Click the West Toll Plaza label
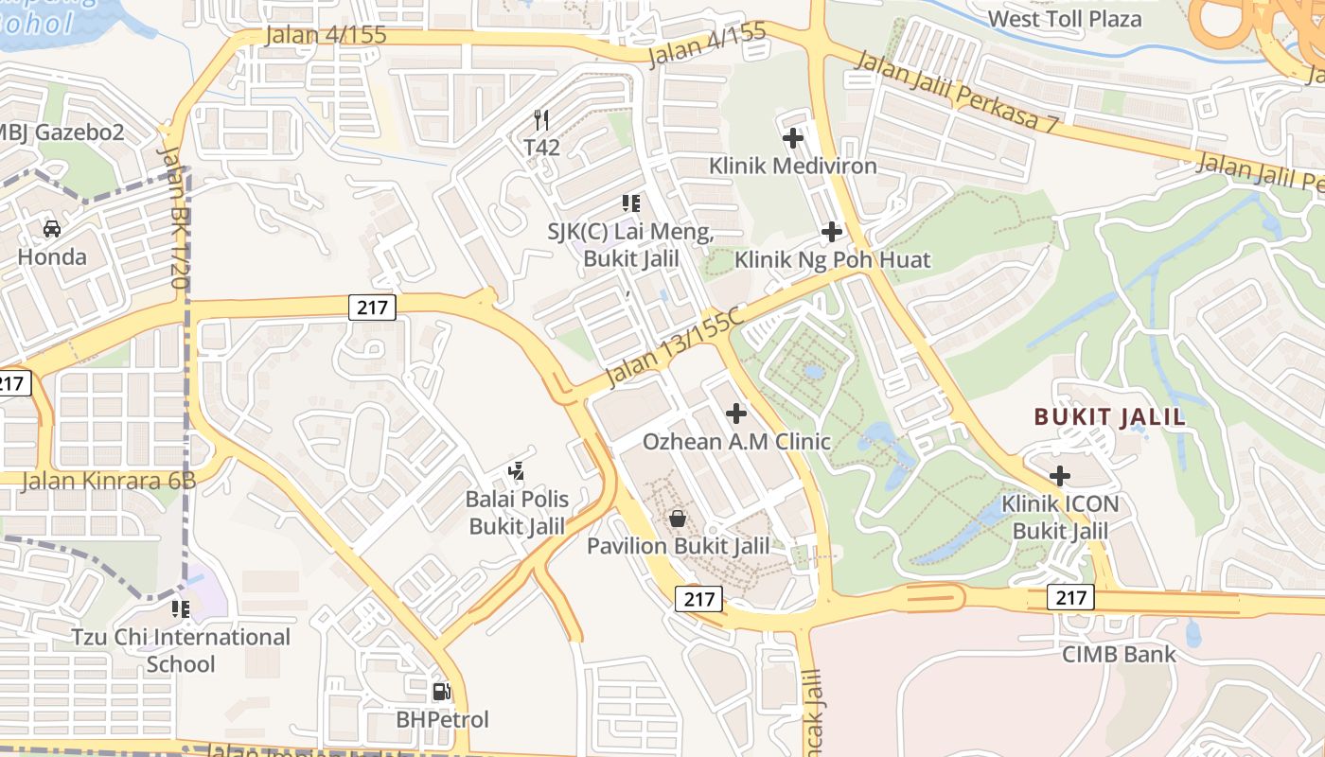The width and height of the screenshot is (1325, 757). [x=1065, y=19]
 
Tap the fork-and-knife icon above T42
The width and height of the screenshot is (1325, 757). [x=541, y=119]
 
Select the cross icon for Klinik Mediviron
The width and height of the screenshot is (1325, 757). [x=793, y=138]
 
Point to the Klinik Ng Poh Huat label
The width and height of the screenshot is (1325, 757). [x=833, y=259]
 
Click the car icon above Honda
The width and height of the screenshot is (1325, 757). [x=52, y=228]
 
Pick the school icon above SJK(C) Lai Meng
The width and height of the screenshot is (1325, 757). [x=631, y=202]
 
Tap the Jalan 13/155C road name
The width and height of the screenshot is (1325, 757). [x=673, y=347]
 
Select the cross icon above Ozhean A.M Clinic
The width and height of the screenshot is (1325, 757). [x=735, y=413]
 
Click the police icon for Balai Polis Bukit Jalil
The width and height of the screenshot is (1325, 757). [x=516, y=469]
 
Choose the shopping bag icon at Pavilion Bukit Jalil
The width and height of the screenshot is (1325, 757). [x=678, y=518]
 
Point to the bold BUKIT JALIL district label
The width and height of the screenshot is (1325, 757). [x=1109, y=417]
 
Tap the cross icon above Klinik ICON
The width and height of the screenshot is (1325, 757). [x=1060, y=475]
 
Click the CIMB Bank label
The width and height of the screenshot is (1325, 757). [x=1119, y=654]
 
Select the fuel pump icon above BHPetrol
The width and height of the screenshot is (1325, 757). [x=441, y=692]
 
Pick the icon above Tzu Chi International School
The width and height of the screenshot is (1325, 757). [x=180, y=608]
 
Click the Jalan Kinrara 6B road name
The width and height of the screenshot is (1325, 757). [x=108, y=480]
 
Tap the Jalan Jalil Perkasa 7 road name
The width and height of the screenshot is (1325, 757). [x=957, y=92]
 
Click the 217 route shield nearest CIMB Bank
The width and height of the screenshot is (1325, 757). [x=1070, y=597]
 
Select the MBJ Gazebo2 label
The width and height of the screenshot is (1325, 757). [x=62, y=132]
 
